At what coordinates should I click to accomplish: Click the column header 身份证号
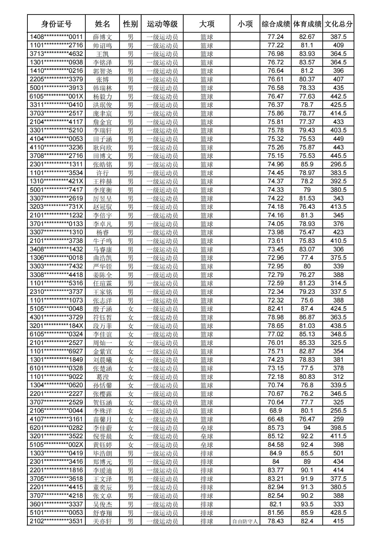coord(56,24)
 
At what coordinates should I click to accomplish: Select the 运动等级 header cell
coord(162,24)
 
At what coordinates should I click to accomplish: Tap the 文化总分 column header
coord(338,24)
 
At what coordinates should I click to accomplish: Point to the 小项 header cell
coord(245,24)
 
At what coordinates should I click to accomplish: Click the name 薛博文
coord(103,37)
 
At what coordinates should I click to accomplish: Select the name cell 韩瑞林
coord(103,88)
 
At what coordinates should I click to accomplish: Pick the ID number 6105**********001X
coord(56,97)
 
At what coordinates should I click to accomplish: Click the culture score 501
coord(338,453)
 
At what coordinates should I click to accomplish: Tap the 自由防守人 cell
coord(245,521)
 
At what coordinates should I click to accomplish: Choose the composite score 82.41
coord(276,309)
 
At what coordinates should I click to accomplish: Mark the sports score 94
coord(307,428)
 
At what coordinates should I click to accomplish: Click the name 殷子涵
coord(103,309)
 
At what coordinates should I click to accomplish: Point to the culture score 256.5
coord(338,411)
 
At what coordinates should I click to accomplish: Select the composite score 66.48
coord(276,419)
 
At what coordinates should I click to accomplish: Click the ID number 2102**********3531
coord(56,521)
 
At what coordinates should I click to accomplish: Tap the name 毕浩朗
coord(103,453)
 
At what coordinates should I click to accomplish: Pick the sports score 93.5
coord(307,504)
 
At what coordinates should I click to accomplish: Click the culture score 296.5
coord(338,164)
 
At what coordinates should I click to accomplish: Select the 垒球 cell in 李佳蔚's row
coord(207,428)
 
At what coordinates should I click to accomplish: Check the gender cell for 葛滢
coord(131,377)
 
